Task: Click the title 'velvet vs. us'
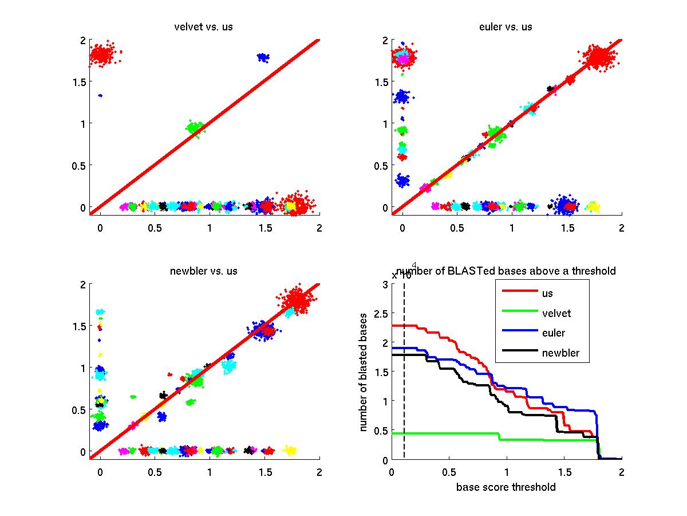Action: point(203,27)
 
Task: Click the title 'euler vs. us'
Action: point(506,27)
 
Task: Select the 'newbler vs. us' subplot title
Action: point(203,271)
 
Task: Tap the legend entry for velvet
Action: point(556,313)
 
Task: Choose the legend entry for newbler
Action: point(560,353)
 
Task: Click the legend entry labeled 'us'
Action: point(547,293)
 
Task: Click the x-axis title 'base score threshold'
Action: point(506,488)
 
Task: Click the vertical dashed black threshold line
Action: point(404,373)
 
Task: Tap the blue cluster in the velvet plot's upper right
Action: point(263,57)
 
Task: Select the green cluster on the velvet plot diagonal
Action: point(195,127)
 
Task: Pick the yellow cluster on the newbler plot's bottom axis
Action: point(290,451)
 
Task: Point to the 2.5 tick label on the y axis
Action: point(380,313)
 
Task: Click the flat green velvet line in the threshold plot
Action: point(447,433)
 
